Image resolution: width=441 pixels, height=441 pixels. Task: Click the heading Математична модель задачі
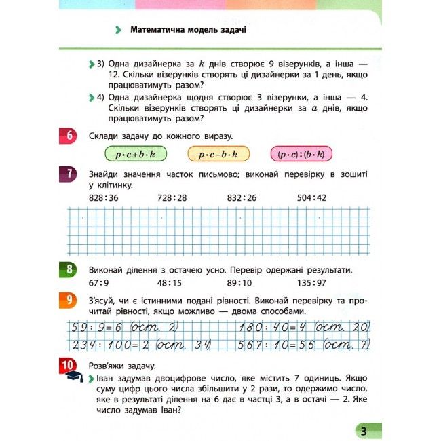click(187, 31)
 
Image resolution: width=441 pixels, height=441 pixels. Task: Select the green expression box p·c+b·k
click(135, 155)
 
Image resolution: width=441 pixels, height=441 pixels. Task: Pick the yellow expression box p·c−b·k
click(218, 155)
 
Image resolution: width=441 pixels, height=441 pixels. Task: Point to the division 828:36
click(104, 197)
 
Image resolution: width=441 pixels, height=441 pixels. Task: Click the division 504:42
click(312, 197)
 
